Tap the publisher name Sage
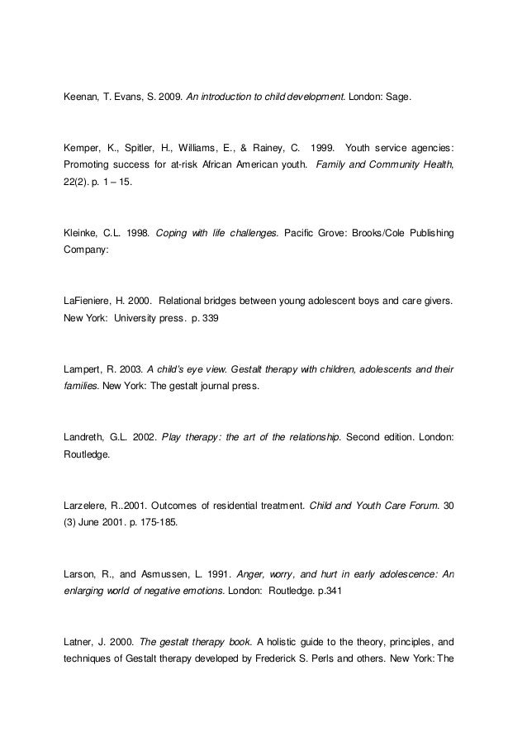coord(396,97)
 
